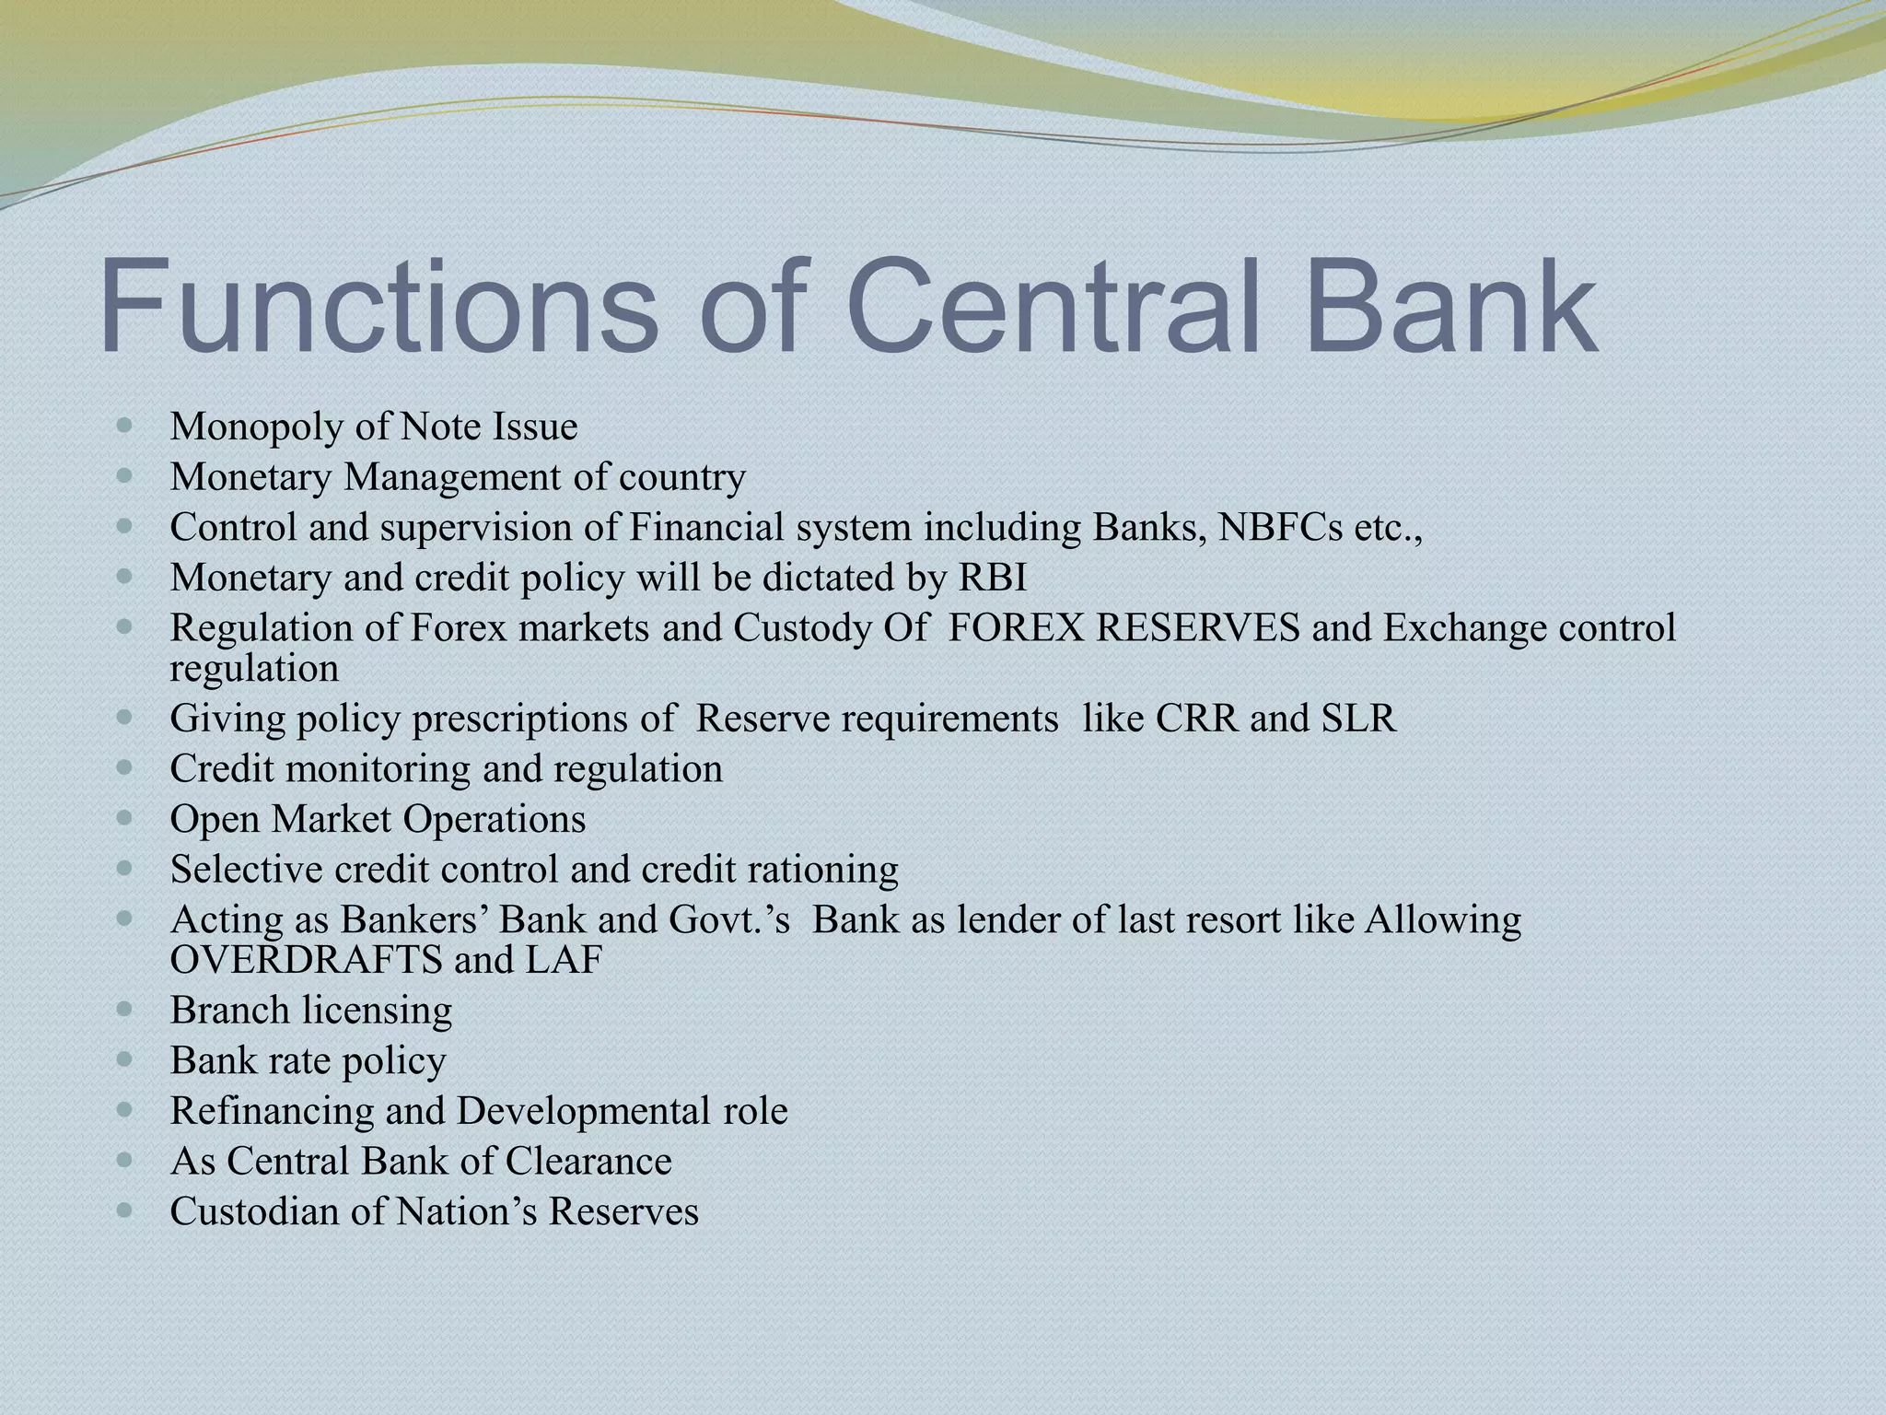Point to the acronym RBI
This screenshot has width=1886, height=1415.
[993, 578]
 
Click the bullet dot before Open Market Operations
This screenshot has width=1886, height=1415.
[126, 818]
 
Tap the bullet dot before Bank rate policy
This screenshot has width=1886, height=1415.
[126, 1059]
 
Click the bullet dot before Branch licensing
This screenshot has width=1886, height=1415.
[126, 1009]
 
